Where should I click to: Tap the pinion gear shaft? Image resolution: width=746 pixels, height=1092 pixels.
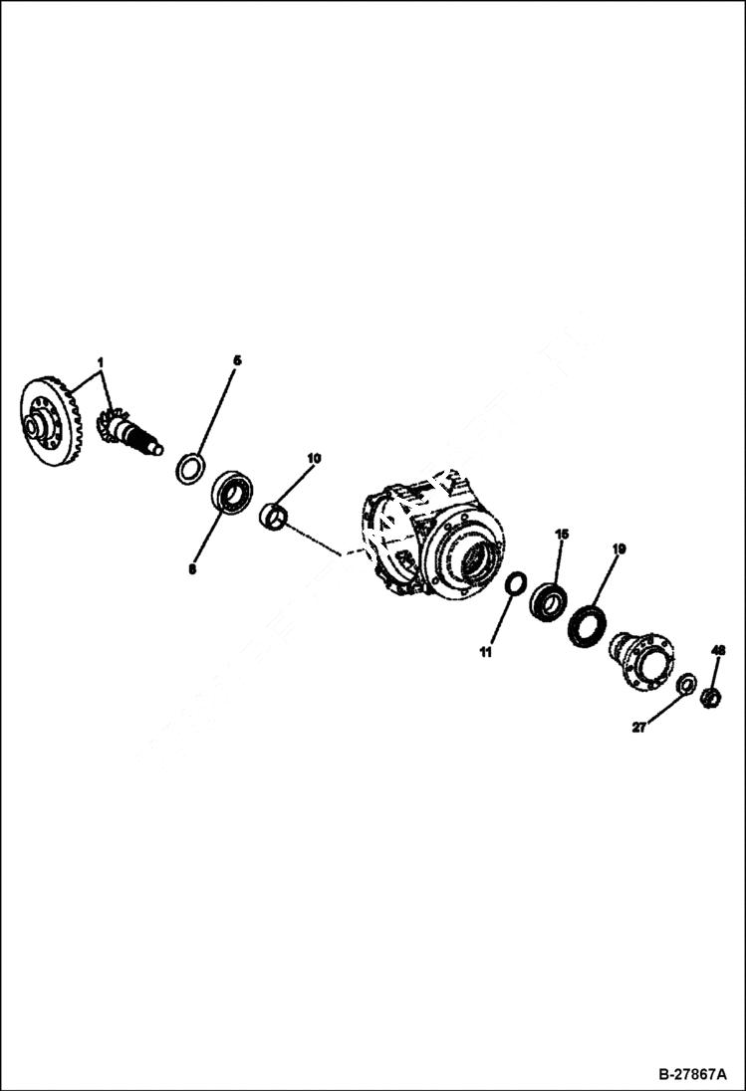(129, 433)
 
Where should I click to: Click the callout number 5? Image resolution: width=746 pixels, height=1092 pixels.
(237, 359)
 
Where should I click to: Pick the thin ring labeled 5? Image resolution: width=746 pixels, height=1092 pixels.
(190, 468)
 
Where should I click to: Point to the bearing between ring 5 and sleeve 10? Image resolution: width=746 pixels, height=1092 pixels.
(232, 493)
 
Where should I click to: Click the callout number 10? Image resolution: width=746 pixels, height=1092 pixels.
(314, 459)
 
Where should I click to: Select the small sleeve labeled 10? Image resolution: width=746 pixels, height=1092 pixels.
(274, 517)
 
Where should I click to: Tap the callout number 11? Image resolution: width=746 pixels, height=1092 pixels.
(485, 653)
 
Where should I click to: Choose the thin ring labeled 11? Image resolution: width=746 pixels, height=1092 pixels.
(516, 584)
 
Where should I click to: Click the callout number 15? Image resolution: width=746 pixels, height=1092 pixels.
(562, 535)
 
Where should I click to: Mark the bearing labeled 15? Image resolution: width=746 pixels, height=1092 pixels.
(547, 601)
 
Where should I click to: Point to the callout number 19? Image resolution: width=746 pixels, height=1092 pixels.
(619, 548)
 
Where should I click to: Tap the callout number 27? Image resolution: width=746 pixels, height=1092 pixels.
(638, 728)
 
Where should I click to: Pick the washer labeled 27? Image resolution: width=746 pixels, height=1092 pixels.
(686, 684)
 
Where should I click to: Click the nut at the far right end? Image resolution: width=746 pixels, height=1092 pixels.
(710, 698)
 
